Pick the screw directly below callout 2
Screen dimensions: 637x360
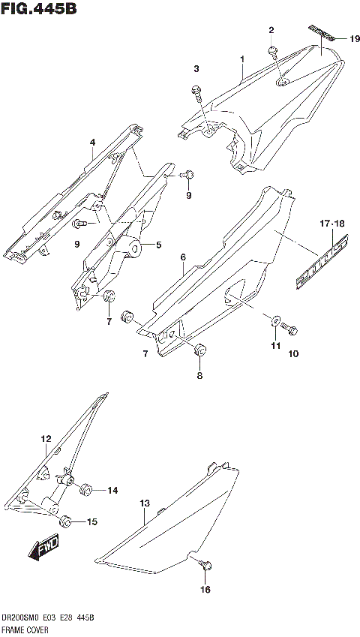point(273,52)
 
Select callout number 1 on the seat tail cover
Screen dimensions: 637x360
point(242,59)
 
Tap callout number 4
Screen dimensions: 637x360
point(92,142)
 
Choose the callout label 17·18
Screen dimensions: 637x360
point(330,223)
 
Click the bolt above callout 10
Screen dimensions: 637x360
point(292,329)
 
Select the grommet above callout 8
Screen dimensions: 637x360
point(199,350)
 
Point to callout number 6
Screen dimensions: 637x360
point(182,257)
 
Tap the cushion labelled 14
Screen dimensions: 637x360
point(85,491)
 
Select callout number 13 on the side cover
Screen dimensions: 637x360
point(145,503)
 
